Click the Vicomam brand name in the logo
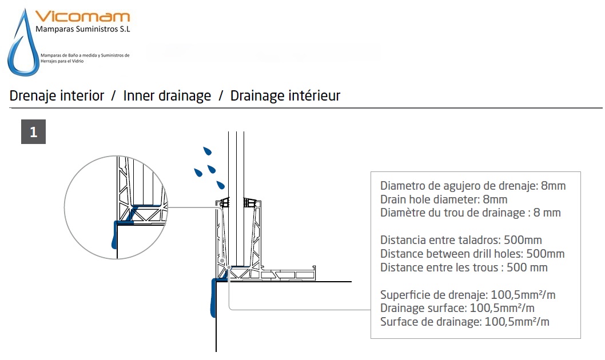82,17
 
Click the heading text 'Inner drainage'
167,95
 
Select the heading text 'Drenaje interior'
57,95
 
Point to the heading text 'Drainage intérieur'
285,95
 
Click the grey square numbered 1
34,132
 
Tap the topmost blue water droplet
208,151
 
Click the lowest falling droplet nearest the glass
220,185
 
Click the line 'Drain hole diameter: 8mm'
444,199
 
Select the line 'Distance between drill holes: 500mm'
472,254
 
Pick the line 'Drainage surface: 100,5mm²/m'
457,308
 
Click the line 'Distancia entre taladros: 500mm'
461,240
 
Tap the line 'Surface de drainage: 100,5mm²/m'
464,322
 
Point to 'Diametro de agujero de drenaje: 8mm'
473,186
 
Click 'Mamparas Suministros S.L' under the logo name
83,29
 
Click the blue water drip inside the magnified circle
114,235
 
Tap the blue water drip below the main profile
213,298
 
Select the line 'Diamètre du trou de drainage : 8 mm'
471,213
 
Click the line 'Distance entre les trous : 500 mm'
464,267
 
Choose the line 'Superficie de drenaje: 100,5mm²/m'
468,295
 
